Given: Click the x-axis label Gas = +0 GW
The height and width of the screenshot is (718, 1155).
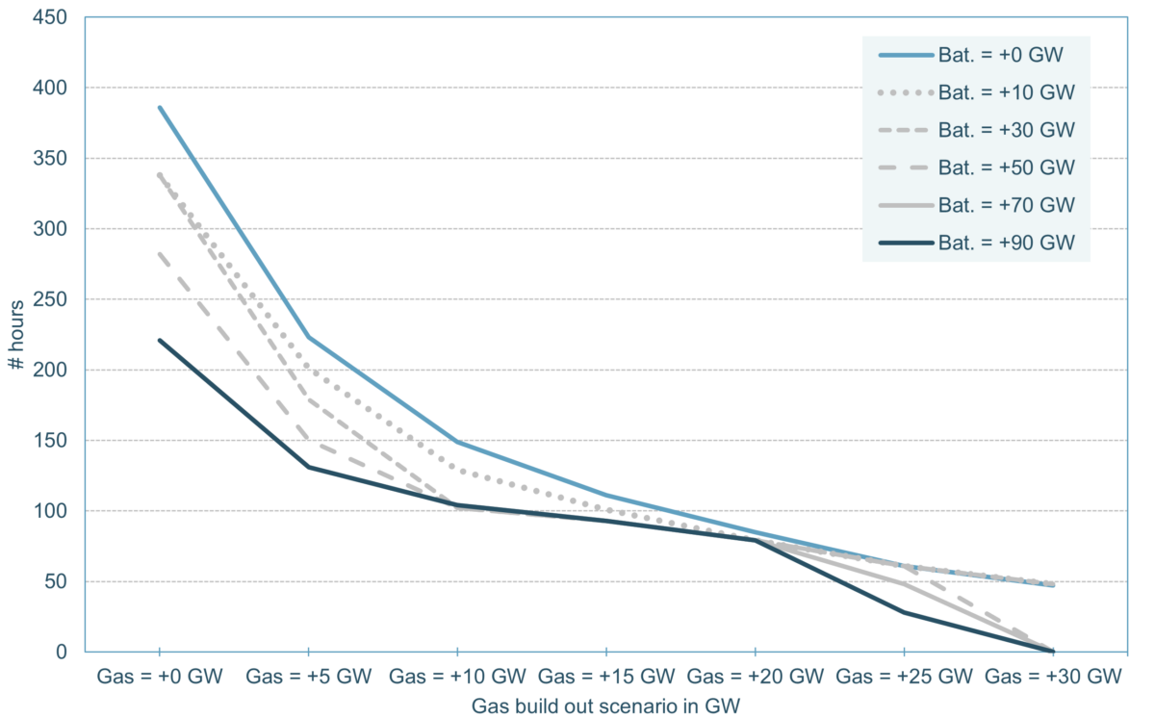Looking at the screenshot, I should coord(160,677).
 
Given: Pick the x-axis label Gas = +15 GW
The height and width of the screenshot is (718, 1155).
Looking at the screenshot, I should coord(605,677).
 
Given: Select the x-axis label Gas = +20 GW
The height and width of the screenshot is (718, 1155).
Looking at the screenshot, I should coord(755,677).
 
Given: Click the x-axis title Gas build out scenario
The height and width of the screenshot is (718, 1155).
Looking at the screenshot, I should coord(606,705).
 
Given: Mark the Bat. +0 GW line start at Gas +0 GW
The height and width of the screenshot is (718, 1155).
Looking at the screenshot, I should coord(160,107).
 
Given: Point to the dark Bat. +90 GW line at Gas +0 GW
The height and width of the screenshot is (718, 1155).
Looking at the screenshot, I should coord(160,340).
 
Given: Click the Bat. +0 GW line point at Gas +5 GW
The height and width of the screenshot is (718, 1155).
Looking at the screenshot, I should coord(308,337).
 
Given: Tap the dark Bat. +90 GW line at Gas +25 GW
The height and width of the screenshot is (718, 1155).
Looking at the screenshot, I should coord(904,612).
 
